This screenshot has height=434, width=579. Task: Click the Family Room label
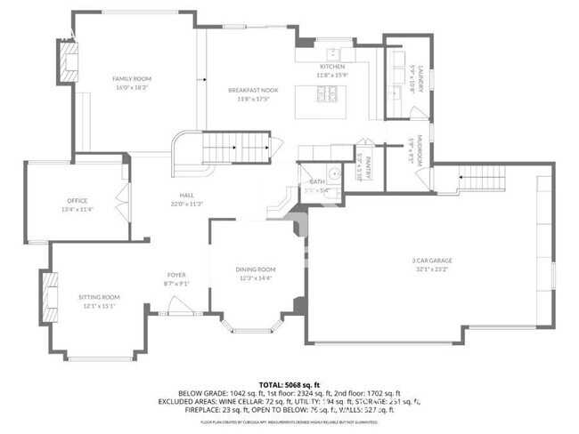pos(132,79)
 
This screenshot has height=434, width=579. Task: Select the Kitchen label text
pos(332,68)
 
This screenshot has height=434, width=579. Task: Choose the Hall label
pos(185,196)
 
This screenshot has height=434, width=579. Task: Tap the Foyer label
pos(176,275)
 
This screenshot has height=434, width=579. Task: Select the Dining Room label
pos(256,269)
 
